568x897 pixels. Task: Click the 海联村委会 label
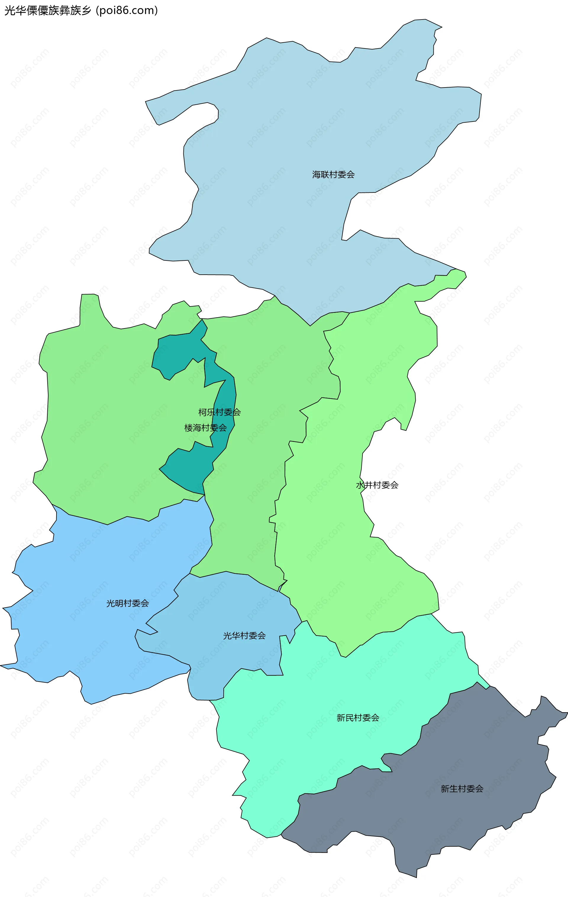coord(333,174)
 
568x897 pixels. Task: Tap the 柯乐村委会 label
coord(220,412)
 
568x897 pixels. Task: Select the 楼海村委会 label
coord(205,428)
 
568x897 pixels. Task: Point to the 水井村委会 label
coord(377,485)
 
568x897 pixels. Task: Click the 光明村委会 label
coord(128,603)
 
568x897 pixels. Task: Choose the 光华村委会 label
coord(244,636)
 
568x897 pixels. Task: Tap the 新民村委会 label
coord(358,718)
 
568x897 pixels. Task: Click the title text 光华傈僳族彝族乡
coord(47,10)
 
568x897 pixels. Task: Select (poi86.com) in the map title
coord(127,10)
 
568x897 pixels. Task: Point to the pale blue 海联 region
coord(298,130)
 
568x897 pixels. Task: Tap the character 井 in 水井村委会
coord(369,485)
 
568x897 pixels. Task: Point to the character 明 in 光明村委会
coord(119,603)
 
